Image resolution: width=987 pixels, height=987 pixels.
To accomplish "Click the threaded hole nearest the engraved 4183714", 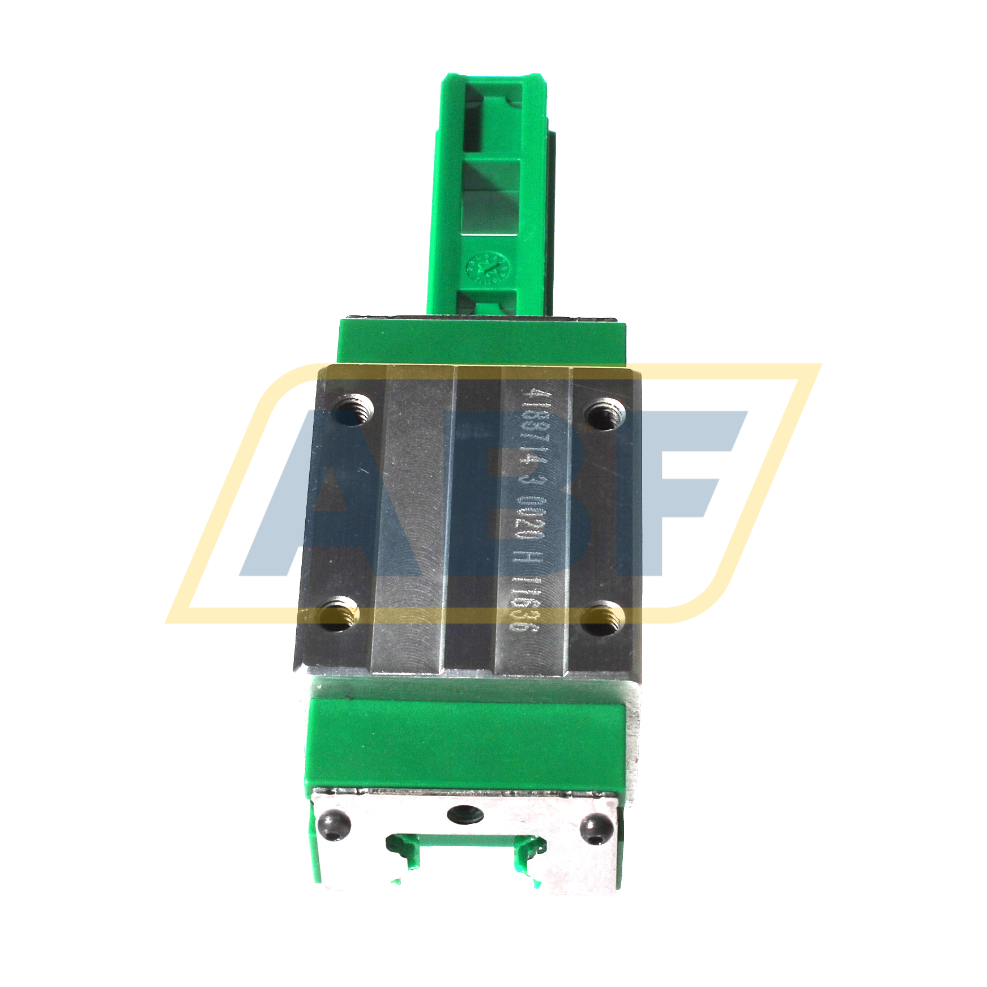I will click(x=603, y=414).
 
